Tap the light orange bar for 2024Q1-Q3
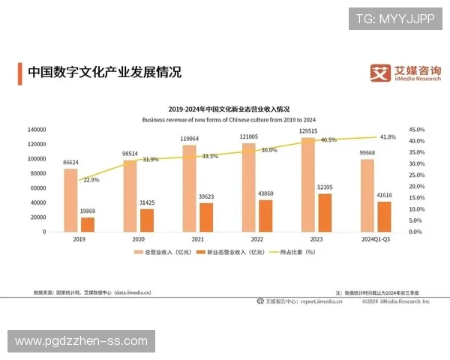point(367,195)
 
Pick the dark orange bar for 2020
point(146,220)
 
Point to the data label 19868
point(88,211)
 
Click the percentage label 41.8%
point(388,137)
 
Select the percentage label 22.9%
point(91,180)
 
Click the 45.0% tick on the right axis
point(417,130)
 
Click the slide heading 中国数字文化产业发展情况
point(104,73)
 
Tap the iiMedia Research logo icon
point(381,73)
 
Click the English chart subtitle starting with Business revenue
point(228,119)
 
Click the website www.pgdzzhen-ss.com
point(81,341)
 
